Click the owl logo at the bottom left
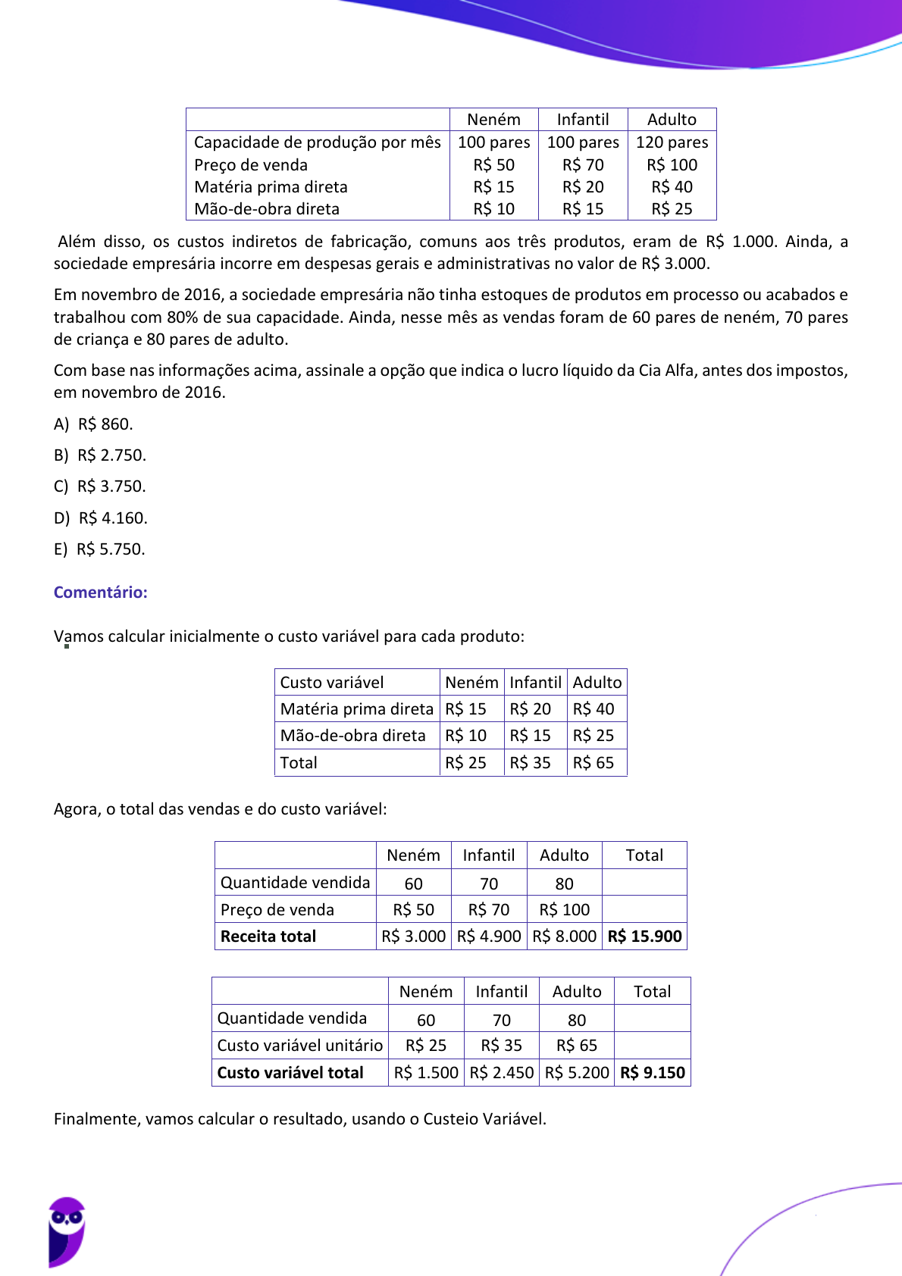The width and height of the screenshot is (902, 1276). point(67,1231)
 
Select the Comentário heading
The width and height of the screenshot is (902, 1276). point(100,593)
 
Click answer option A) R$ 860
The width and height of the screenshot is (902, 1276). point(93,424)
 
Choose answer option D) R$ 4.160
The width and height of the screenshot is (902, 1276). point(101,518)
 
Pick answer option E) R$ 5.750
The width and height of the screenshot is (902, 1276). point(99,549)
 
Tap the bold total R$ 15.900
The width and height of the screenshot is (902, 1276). point(644,937)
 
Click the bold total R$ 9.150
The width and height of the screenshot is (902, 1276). point(652,1073)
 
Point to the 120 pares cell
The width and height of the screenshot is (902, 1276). point(672,142)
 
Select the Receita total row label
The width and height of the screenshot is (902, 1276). point(268,937)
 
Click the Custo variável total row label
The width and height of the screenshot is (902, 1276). point(290,1073)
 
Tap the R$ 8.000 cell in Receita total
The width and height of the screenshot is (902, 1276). point(564,937)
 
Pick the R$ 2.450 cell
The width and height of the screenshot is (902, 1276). point(501,1073)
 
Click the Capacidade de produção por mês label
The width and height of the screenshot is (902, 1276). point(317,142)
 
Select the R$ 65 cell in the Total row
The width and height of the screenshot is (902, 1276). point(593,763)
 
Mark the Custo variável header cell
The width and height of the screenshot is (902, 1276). point(332,683)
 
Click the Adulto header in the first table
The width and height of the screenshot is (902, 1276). point(672,120)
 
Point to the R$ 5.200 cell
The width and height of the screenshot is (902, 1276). point(576,1073)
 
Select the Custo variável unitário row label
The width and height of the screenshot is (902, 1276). point(299,1046)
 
